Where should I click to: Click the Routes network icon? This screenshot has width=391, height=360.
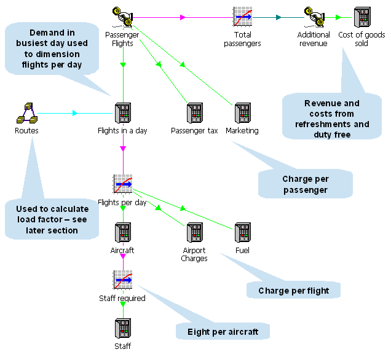point(27,113)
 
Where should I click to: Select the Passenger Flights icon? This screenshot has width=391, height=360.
point(122,17)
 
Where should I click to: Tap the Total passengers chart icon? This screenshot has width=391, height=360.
point(242,17)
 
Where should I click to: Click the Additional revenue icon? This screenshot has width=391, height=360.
point(314,17)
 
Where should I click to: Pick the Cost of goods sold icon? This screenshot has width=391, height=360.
point(362,17)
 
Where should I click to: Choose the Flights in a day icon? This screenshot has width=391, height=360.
point(123,113)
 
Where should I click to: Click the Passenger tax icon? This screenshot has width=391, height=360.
point(195,113)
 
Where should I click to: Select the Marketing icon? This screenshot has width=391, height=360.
point(243,113)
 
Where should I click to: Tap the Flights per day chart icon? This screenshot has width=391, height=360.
point(123,184)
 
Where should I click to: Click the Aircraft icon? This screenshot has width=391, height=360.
point(123,232)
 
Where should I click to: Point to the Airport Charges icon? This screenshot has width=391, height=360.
point(195,232)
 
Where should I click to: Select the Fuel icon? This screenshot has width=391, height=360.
point(243,232)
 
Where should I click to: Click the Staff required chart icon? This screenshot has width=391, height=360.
point(123,280)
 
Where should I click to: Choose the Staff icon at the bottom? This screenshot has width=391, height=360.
point(123,328)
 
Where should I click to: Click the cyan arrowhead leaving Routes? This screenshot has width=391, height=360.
point(75,113)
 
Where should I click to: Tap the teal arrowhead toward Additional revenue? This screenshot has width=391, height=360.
point(278,17)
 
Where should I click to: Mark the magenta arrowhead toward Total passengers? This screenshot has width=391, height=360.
point(183,17)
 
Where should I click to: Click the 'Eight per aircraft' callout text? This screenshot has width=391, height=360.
point(223,332)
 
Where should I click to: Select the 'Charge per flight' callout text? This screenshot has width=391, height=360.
point(294,291)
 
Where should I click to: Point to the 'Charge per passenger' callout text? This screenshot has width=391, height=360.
point(306,184)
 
